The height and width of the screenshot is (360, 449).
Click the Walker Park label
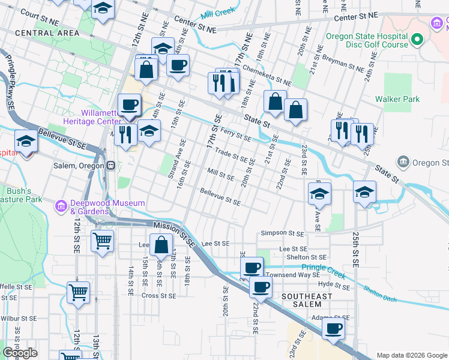(397, 99)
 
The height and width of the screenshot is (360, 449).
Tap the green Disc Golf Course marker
(418, 40)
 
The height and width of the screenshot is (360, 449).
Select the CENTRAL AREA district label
(38, 32)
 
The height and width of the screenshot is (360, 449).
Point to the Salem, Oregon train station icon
(110, 166)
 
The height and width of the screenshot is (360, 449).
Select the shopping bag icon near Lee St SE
(161, 245)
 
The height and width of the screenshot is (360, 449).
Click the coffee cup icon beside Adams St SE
(333, 328)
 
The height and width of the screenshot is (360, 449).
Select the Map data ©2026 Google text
(411, 355)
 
